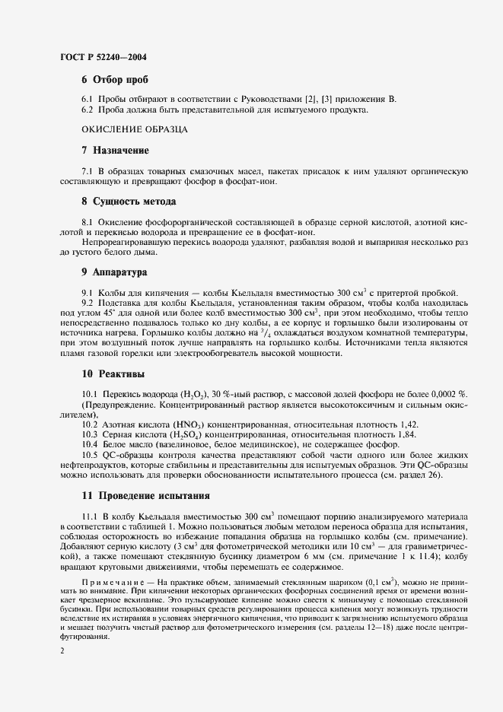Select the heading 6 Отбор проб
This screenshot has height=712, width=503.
[114, 80]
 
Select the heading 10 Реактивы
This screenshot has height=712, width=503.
[113, 373]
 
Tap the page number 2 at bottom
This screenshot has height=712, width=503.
[62, 652]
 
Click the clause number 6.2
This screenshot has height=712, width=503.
[88, 111]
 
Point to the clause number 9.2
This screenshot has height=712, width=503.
[88, 303]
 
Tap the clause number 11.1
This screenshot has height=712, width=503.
[90, 516]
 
